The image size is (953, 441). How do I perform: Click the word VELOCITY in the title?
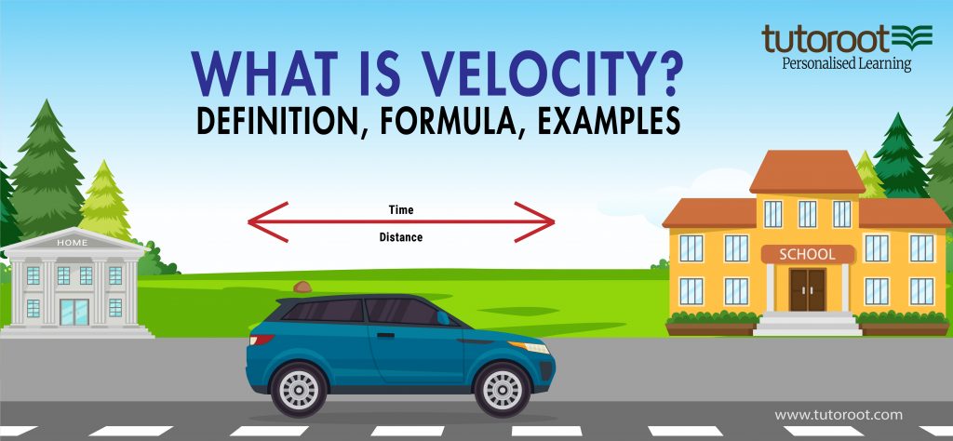tap(521, 73)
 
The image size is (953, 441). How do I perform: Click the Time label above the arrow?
tap(401, 209)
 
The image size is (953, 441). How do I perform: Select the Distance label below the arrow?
tap(401, 237)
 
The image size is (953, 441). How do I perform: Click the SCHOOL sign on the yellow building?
tap(808, 254)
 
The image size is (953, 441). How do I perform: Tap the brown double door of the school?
tap(807, 289)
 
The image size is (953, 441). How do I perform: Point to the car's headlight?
tap(536, 347)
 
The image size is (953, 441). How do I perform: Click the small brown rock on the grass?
tap(302, 287)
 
